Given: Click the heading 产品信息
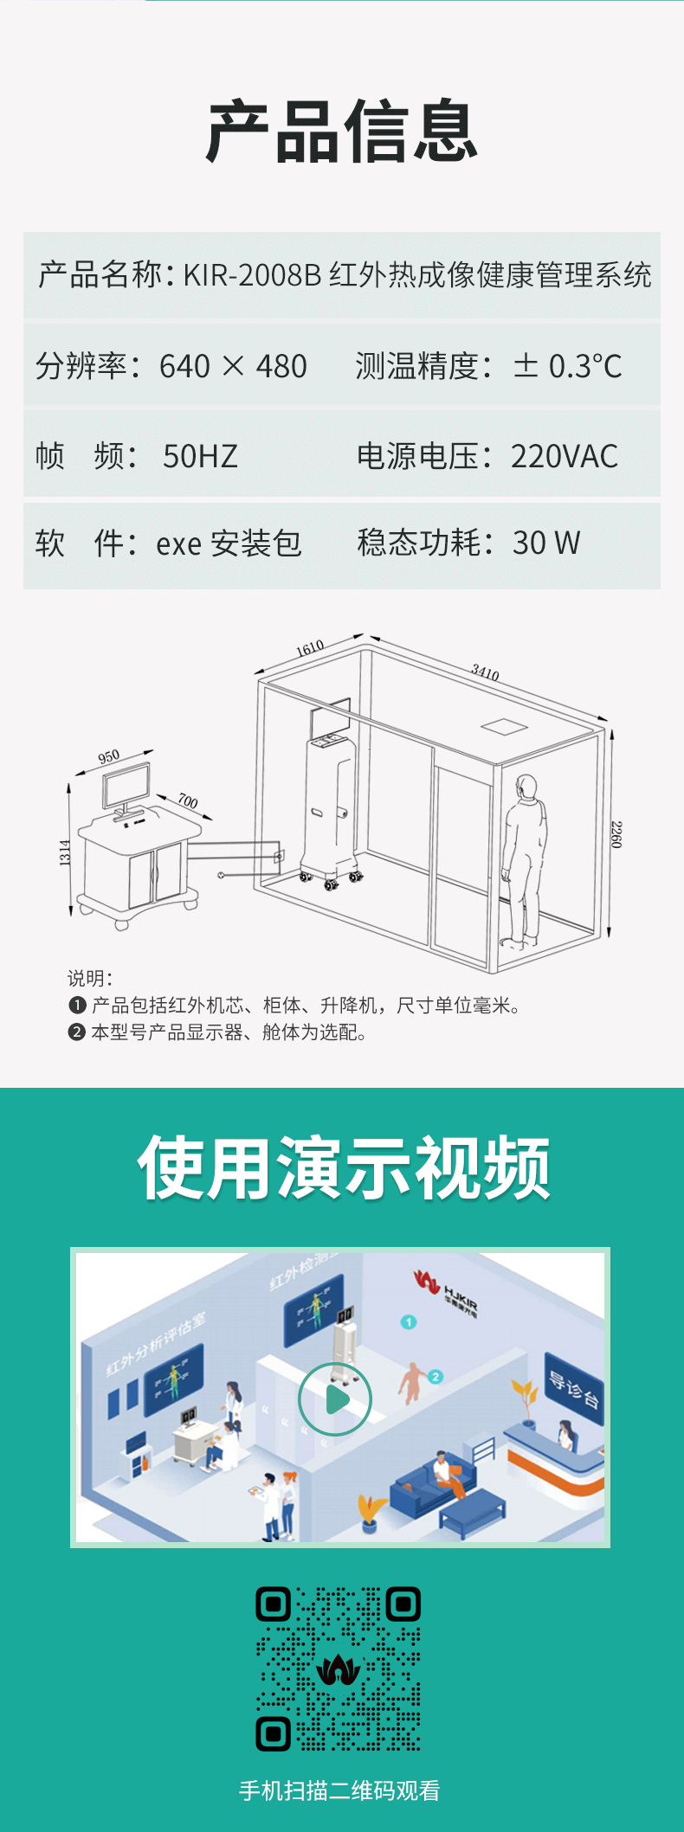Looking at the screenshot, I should [x=342, y=132].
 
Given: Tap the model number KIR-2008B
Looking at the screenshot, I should [x=252, y=275].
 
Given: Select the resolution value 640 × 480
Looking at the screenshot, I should [x=233, y=366].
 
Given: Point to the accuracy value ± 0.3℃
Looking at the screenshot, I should [x=568, y=366].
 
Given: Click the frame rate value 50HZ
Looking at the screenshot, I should [x=200, y=456].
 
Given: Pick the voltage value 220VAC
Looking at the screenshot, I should [x=565, y=456].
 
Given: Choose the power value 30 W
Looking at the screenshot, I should [x=546, y=543].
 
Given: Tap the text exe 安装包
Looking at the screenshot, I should [x=229, y=543].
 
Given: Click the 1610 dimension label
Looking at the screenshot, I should [x=310, y=648].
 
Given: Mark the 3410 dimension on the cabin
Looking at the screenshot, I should [x=485, y=672].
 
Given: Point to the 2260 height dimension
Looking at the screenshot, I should [x=616, y=834].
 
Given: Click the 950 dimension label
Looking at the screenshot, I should [x=109, y=757].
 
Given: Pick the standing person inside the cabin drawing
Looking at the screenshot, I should [x=525, y=857].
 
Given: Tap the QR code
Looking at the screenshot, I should [x=338, y=1668].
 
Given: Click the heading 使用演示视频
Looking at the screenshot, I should [x=344, y=1169].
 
